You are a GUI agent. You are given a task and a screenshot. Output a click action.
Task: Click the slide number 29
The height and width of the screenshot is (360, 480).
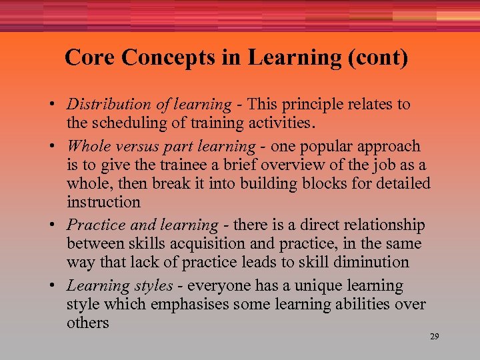[x=434, y=337]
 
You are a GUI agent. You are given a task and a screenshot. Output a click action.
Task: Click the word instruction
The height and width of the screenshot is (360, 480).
[x=103, y=201]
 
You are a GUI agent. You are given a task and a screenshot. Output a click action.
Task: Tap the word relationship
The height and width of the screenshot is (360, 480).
[x=387, y=226]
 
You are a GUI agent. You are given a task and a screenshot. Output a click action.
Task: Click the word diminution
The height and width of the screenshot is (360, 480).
[x=374, y=262]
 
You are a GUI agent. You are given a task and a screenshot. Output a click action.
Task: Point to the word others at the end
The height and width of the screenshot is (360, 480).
[x=87, y=323]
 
